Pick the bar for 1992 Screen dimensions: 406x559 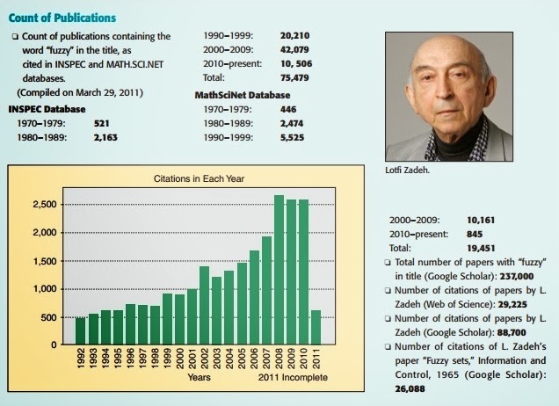tap(81, 330)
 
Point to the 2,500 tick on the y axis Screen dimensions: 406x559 tap(45, 205)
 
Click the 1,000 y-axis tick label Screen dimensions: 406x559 tap(45, 288)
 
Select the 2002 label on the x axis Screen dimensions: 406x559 tap(204, 359)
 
